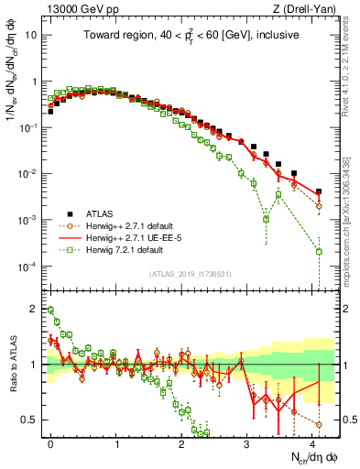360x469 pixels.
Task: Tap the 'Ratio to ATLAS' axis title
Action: point(16,365)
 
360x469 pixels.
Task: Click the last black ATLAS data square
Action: point(319,192)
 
